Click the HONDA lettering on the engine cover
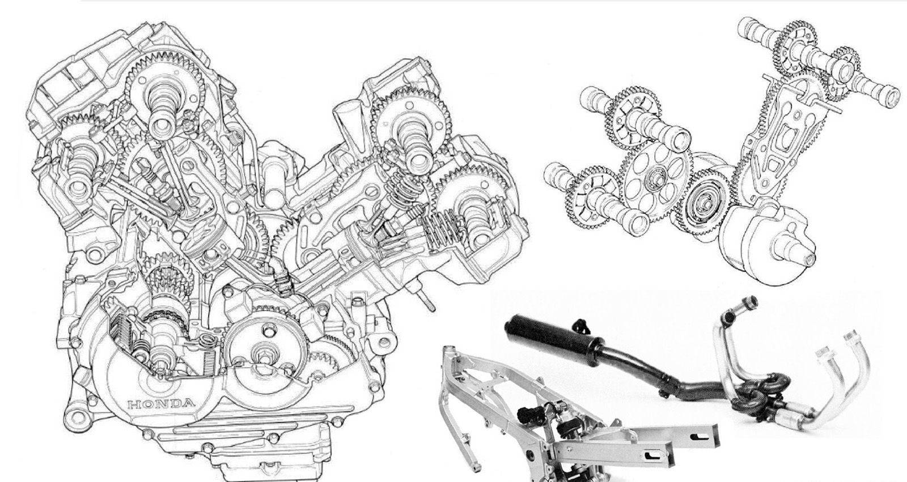click(161, 403)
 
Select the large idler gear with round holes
click(655, 178)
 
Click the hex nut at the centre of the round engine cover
click(265, 359)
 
